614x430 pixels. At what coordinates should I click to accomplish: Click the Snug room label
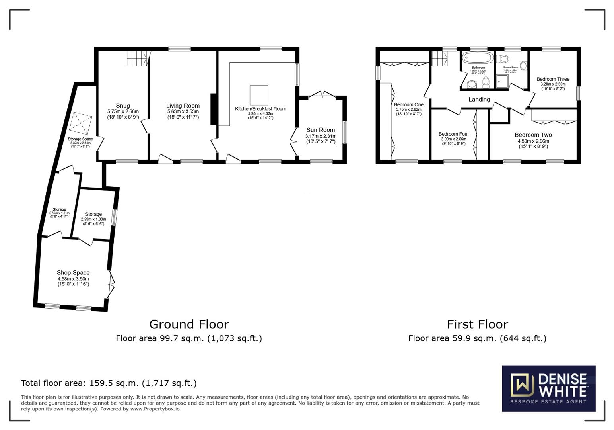(123, 106)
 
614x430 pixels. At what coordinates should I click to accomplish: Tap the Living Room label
(183, 106)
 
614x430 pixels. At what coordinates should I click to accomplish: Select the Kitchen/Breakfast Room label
(260, 109)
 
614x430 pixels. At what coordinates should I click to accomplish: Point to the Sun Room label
(321, 130)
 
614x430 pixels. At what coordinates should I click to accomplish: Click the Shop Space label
(73, 273)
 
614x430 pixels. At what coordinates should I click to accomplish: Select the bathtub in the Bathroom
(478, 58)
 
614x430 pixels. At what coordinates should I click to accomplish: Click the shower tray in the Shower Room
(503, 81)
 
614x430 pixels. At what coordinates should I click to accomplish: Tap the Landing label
(479, 100)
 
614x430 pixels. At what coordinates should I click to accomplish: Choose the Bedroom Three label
(553, 79)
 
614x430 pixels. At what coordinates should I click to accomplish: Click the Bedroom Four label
(454, 134)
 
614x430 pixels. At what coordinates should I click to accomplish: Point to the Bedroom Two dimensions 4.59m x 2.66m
(533, 141)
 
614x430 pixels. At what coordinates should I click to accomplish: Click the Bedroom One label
(408, 105)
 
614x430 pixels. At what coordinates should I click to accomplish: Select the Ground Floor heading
(189, 324)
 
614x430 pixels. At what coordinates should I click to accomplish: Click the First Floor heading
(477, 324)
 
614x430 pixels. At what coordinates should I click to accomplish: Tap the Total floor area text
(109, 383)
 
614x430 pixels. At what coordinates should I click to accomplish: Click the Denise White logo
(548, 388)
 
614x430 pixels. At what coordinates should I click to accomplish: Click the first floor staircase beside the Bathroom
(440, 59)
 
